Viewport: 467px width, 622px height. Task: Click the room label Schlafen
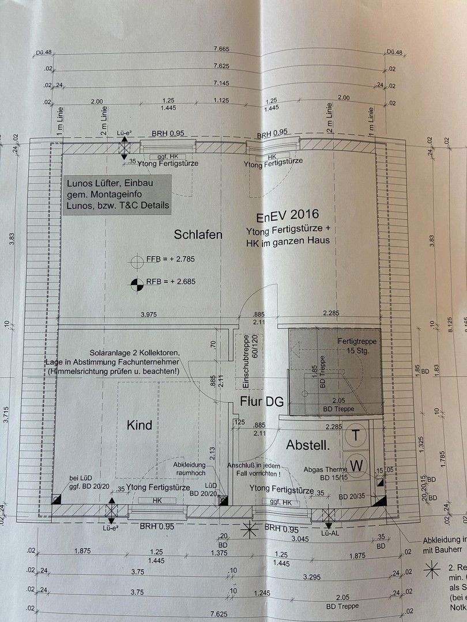pyautogui.click(x=198, y=235)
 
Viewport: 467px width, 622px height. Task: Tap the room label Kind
pyautogui.click(x=140, y=426)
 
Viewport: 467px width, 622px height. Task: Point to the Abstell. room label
pyautogui.click(x=308, y=445)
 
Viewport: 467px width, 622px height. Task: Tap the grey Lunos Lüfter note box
pyautogui.click(x=118, y=195)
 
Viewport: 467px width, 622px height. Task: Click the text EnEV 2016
pyautogui.click(x=287, y=217)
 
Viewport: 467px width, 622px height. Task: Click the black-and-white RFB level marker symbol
pyautogui.click(x=136, y=282)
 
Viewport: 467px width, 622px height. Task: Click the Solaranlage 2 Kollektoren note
pyautogui.click(x=135, y=352)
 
